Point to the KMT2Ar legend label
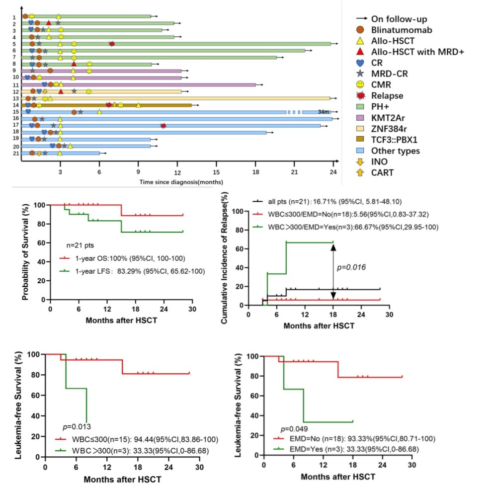[x=389, y=117]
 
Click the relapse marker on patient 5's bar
[x=112, y=44]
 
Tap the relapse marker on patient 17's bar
[x=163, y=126]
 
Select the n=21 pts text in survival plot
[x=81, y=245]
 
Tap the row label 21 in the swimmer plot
[x=15, y=154]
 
